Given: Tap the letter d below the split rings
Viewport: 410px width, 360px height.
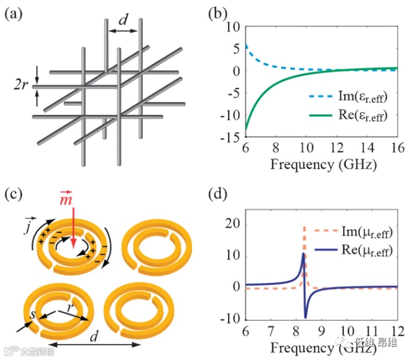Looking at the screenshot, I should (x=94, y=336).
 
